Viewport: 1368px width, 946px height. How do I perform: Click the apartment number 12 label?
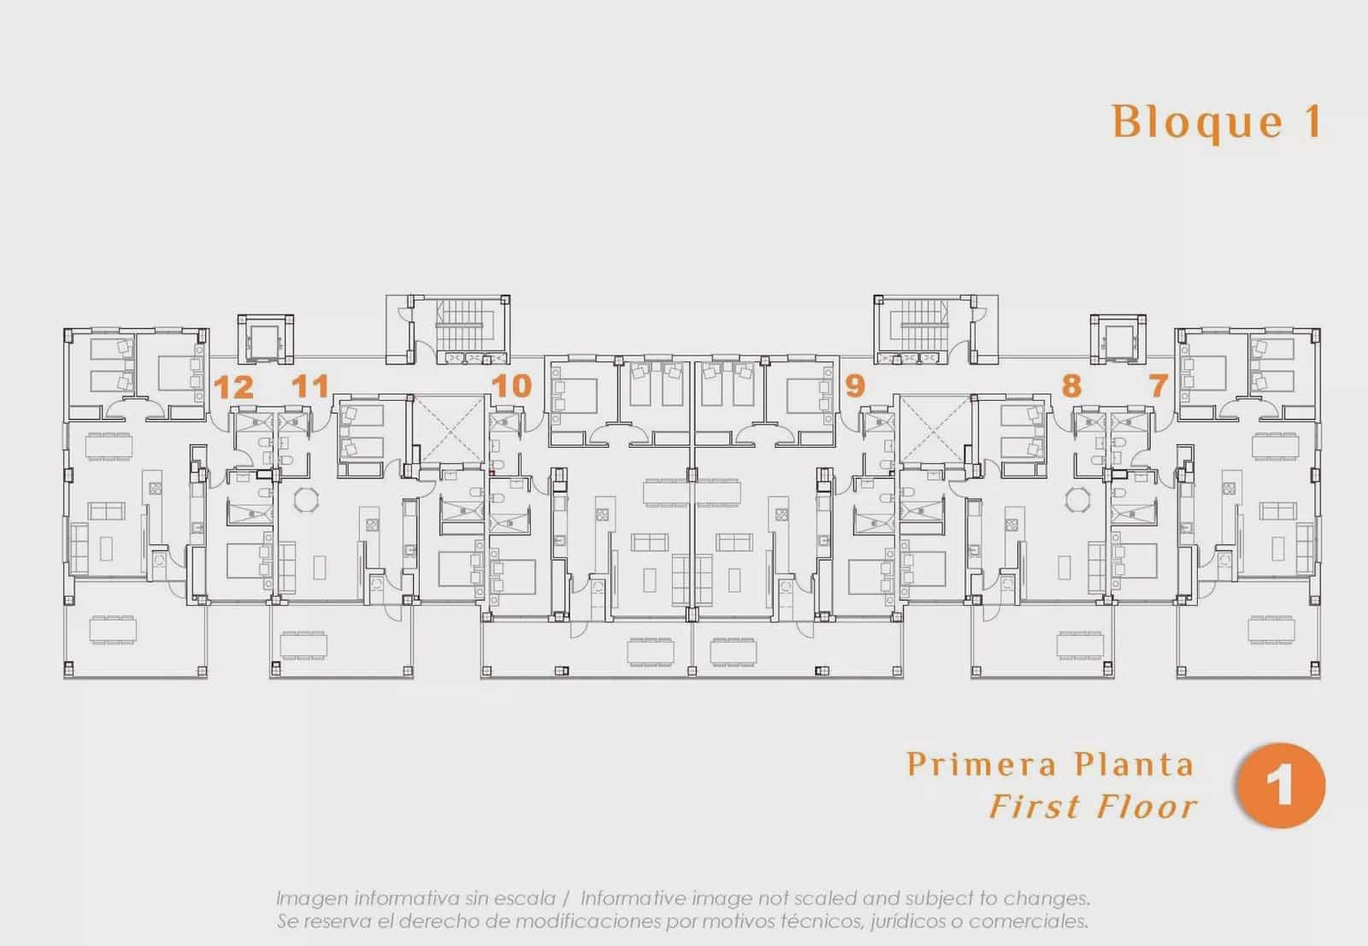[233, 387]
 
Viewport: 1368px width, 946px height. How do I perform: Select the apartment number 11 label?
[310, 385]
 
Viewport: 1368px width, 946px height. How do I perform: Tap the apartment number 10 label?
[512, 385]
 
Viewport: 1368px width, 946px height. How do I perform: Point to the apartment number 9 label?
[855, 385]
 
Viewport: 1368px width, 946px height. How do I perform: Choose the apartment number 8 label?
[1072, 385]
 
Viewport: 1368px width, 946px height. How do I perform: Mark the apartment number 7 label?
[1159, 385]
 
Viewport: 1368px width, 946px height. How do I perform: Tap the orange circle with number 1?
[1281, 785]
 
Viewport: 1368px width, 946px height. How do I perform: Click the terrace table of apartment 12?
[113, 630]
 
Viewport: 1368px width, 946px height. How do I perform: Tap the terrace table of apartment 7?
[1271, 630]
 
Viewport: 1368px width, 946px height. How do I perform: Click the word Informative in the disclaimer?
[631, 898]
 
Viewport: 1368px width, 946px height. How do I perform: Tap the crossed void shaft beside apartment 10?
[450, 428]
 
